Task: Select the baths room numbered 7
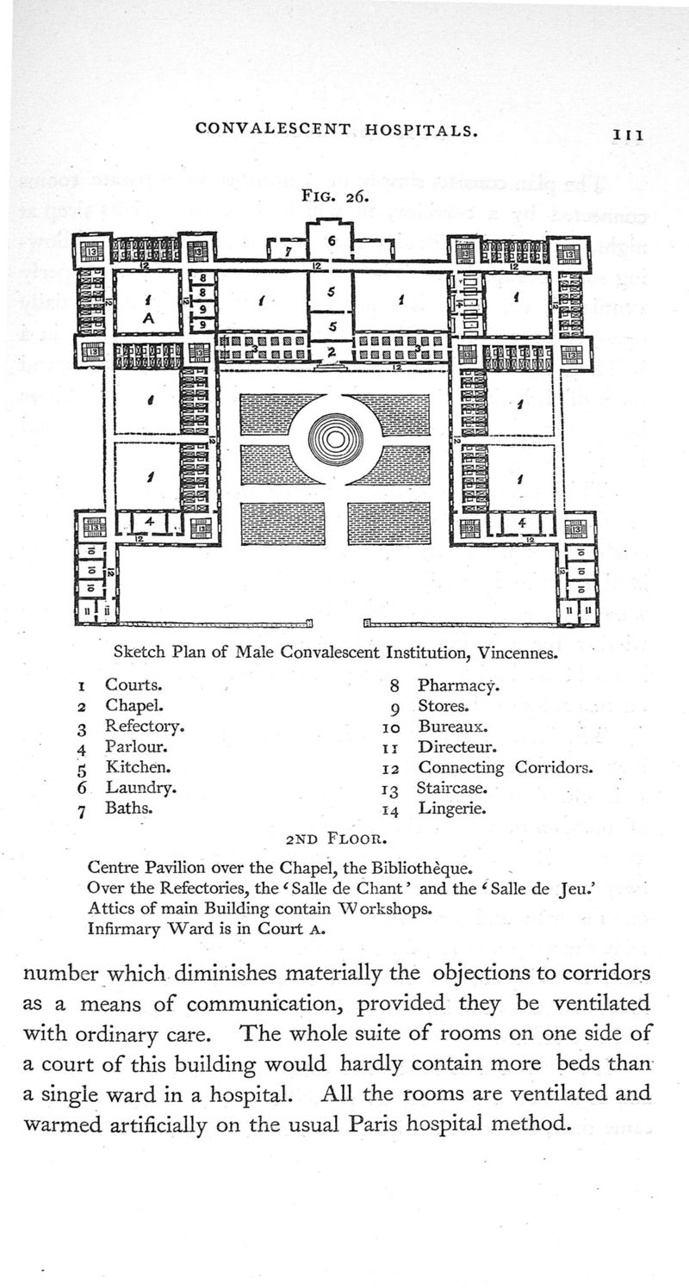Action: click(x=289, y=251)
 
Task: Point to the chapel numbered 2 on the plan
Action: click(x=330, y=352)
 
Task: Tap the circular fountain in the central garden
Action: click(x=336, y=441)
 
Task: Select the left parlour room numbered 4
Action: click(x=148, y=522)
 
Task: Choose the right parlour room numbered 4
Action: click(x=520, y=522)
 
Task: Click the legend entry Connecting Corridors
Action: click(x=505, y=767)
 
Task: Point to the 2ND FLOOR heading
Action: click(x=336, y=836)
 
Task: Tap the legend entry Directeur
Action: click(x=454, y=746)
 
